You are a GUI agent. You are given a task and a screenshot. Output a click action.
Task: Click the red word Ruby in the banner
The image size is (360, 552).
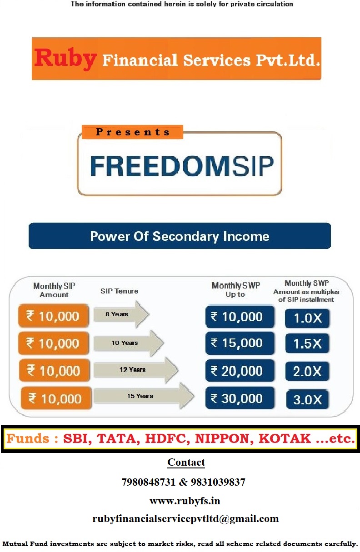click(65, 59)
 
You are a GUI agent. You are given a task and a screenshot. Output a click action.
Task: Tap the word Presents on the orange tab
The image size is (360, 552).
click(133, 132)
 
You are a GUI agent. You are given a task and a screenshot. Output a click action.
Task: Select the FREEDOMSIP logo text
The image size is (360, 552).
click(182, 166)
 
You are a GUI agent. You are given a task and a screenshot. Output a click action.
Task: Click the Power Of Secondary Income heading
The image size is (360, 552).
click(180, 236)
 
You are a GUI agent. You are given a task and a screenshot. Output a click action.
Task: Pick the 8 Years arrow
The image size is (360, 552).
click(121, 314)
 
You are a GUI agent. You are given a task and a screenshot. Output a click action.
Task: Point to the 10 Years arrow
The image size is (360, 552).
click(129, 343)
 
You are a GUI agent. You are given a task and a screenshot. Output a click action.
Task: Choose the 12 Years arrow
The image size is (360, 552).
click(135, 370)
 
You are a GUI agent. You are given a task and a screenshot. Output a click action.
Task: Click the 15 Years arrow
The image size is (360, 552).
click(144, 396)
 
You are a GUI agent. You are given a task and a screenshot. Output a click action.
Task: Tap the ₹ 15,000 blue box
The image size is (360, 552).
click(240, 343)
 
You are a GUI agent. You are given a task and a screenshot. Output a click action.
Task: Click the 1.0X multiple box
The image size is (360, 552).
click(307, 318)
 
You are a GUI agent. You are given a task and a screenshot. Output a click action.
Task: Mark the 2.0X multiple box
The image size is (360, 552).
click(307, 371)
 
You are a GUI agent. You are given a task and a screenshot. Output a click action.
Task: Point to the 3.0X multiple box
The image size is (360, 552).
click(307, 399)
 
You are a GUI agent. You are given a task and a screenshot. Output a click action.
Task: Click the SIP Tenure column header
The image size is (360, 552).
click(119, 291)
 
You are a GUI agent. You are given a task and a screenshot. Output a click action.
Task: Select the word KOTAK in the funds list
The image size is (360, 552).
click(285, 438)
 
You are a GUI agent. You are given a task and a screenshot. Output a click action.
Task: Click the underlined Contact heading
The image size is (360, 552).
click(186, 462)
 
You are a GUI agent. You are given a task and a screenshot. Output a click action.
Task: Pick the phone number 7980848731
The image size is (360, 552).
click(149, 482)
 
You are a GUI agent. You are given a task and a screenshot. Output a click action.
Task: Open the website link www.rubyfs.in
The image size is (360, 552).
click(185, 501)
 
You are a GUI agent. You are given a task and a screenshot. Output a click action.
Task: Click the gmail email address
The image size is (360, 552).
click(185, 518)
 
